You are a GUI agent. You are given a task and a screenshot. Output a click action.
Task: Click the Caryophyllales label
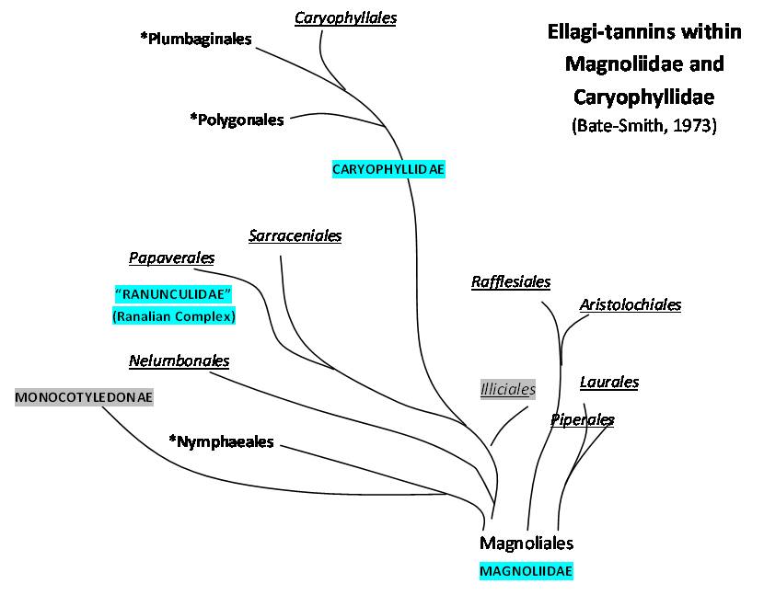pos(345,17)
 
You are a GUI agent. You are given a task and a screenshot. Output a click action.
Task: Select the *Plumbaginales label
pos(196,39)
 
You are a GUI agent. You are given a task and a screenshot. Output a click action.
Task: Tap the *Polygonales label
pos(237,120)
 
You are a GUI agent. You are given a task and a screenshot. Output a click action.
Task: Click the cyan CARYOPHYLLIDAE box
pos(388,169)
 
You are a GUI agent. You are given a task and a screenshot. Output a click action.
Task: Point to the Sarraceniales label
pos(295,235)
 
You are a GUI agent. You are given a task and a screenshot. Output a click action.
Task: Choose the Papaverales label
pos(171,257)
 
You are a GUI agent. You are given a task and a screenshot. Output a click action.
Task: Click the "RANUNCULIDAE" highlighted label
pos(172,294)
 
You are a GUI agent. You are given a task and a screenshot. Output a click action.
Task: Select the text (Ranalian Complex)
pos(173,316)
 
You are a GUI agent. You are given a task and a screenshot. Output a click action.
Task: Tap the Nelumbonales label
pos(179,360)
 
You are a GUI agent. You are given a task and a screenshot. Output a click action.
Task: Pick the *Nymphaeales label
pos(222,442)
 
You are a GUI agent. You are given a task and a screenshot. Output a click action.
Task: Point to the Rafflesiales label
pos(511,281)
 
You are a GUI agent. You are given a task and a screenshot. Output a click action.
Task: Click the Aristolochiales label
pos(631,304)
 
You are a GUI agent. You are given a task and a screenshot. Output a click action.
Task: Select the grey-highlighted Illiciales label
pos(508,389)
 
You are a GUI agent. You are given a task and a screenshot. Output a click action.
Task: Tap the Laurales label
pos(609,382)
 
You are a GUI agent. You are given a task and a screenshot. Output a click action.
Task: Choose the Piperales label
pos(583,419)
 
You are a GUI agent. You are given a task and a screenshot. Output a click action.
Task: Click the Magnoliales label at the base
pos(527,543)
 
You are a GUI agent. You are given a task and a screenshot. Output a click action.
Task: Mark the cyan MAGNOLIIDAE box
pos(527,571)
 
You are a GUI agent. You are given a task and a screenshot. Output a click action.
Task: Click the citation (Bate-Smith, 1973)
pos(643,125)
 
